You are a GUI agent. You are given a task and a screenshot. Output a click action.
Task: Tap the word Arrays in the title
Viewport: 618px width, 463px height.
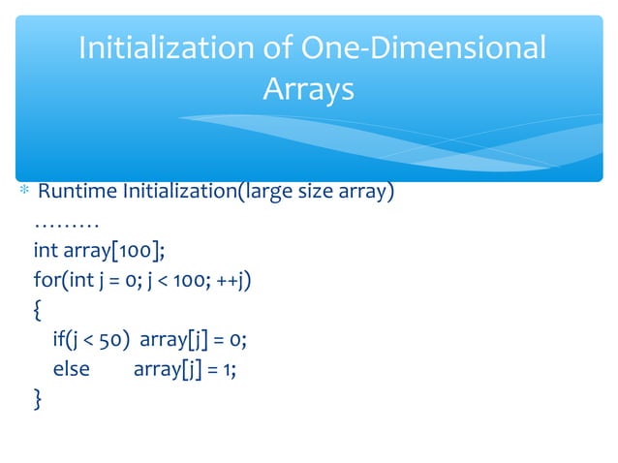click(x=308, y=90)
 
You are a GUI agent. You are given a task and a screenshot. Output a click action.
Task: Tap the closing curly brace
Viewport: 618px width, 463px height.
click(x=38, y=399)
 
